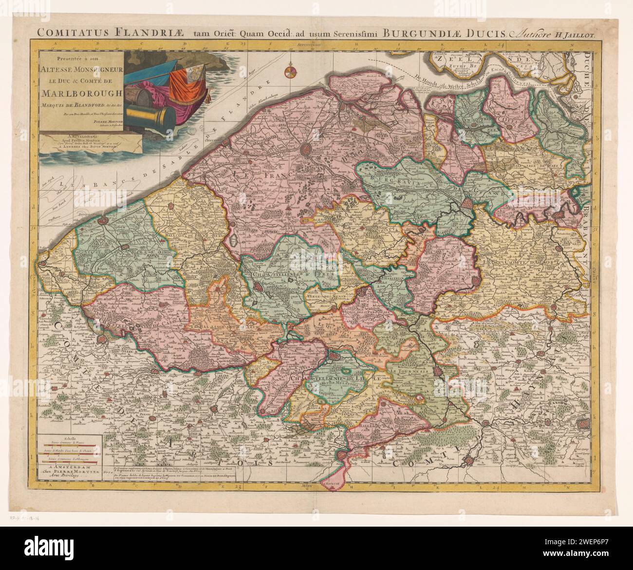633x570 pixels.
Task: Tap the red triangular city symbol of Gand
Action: (x=467, y=203)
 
